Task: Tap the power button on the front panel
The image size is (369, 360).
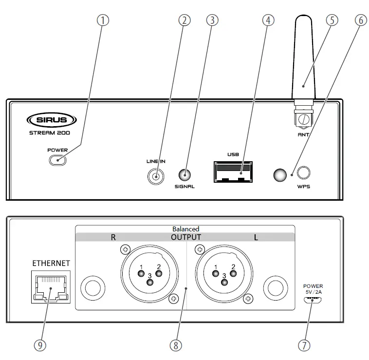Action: click(57, 160)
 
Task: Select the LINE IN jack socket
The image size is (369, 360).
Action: click(155, 176)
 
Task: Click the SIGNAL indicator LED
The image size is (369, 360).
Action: click(184, 175)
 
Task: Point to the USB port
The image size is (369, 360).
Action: click(234, 172)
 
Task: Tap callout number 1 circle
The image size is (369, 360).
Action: click(102, 20)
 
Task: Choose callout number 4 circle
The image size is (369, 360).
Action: click(268, 20)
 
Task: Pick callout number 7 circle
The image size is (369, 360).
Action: click(303, 345)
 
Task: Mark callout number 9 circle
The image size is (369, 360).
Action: click(40, 345)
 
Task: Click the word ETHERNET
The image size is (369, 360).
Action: click(51, 263)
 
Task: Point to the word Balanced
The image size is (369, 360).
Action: click(185, 228)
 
